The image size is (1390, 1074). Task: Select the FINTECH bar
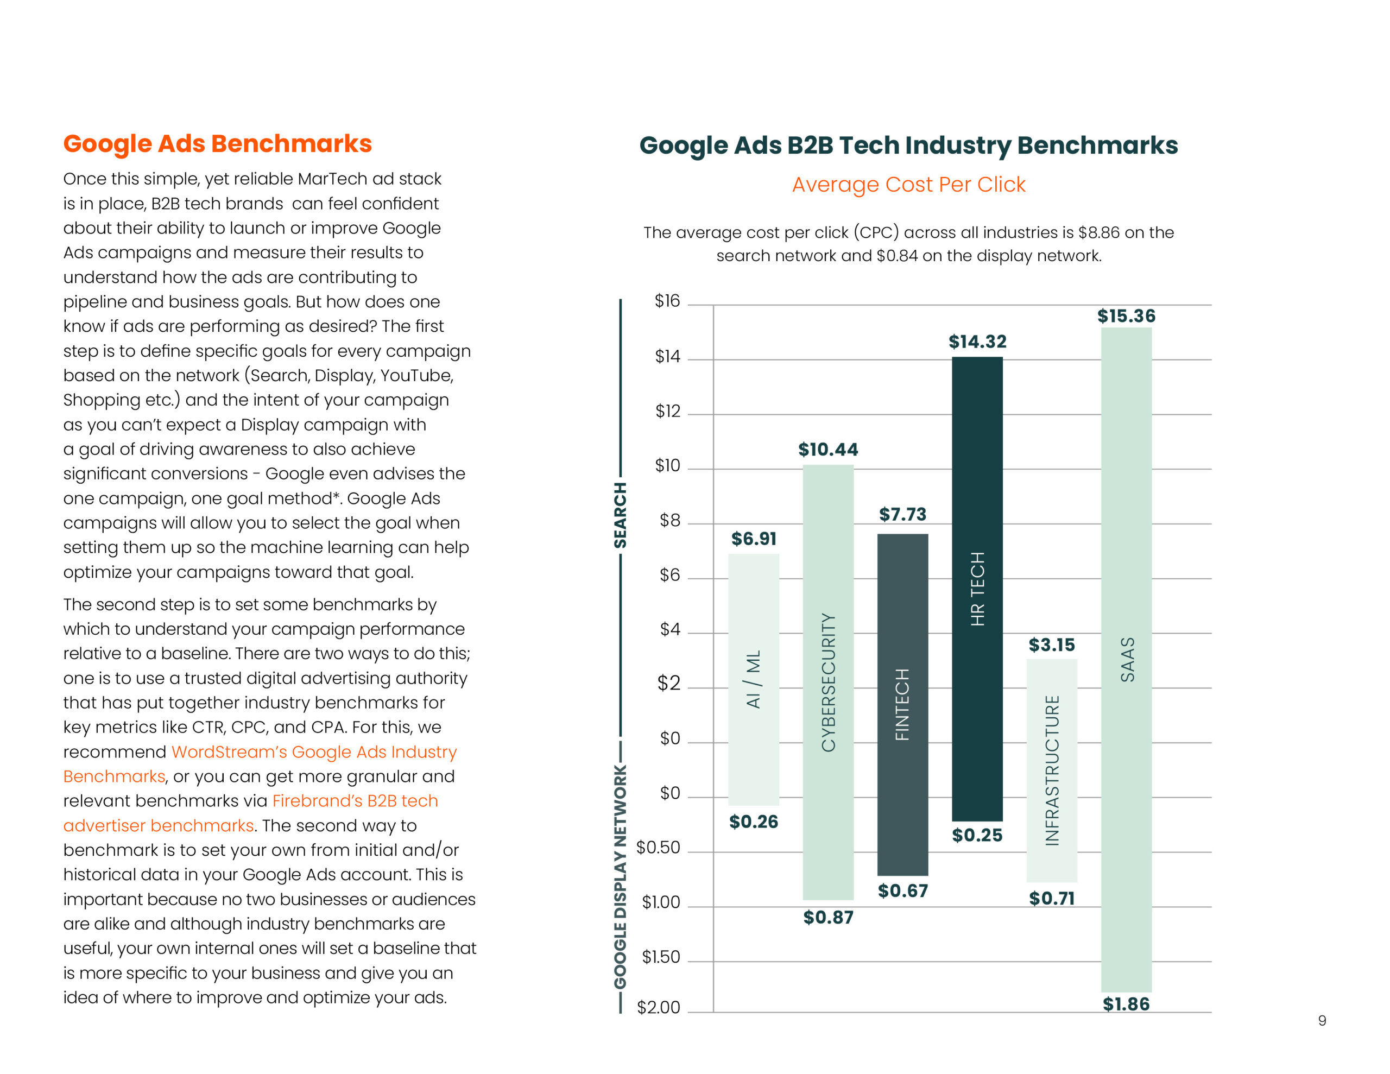tap(902, 704)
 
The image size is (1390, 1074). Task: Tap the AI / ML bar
tap(754, 679)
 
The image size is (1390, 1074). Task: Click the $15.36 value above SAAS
tap(1126, 316)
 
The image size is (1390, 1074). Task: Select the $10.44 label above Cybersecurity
tap(828, 450)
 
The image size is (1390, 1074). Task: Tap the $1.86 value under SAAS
tap(1126, 1004)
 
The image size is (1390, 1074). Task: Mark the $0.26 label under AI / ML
tap(754, 822)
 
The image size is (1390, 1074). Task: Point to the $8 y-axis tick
tap(669, 520)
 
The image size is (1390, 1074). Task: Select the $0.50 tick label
tap(659, 848)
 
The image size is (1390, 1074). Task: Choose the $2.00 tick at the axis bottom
tap(659, 1007)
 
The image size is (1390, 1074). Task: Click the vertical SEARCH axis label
tap(620, 515)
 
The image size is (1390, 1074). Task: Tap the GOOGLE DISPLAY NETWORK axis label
tap(620, 877)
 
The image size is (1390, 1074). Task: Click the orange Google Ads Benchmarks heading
tap(218, 144)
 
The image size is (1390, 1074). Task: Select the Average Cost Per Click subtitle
tap(909, 185)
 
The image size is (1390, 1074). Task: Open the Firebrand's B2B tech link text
tap(355, 800)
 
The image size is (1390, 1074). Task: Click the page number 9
tap(1322, 1021)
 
